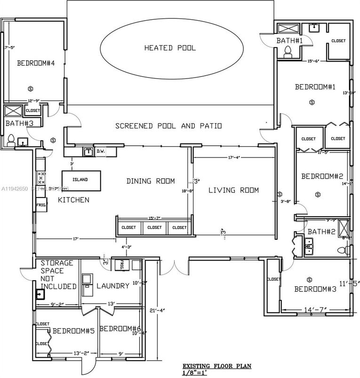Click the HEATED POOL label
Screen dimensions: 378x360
click(170, 48)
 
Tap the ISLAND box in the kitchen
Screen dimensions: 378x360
click(81, 180)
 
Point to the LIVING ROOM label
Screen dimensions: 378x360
click(234, 190)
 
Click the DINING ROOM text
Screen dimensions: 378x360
click(151, 181)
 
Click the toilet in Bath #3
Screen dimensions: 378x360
click(10, 139)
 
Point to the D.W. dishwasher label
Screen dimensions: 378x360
click(100, 151)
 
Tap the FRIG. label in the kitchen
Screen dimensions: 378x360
click(40, 205)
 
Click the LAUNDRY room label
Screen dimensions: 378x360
click(113, 286)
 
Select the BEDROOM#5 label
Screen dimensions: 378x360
click(74, 331)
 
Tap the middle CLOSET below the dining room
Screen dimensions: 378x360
click(154, 227)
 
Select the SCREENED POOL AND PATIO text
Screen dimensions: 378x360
click(168, 126)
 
